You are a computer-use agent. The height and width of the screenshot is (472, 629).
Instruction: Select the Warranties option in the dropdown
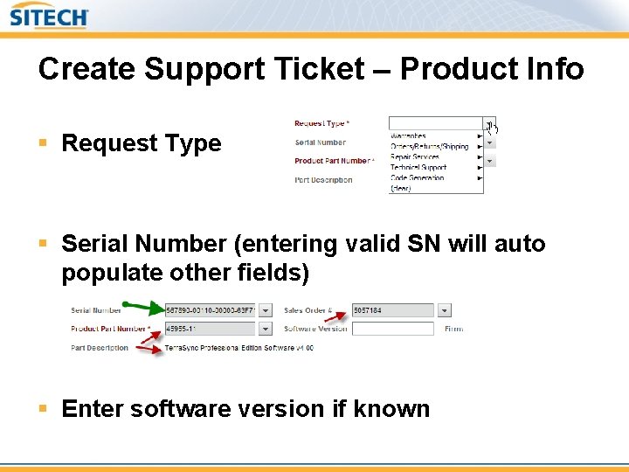point(408,136)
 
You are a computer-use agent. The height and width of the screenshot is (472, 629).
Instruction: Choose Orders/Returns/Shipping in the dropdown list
point(429,147)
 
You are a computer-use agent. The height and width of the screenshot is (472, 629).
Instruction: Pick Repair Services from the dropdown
point(415,157)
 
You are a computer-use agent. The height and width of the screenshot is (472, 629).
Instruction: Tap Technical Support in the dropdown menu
point(418,168)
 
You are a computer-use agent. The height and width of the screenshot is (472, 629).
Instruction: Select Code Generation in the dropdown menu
point(417,178)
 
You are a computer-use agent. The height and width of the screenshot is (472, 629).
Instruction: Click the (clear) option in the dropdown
point(400,188)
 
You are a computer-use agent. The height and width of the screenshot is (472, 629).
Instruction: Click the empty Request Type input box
point(435,123)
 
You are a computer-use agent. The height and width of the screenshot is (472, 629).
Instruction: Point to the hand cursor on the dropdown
point(493,128)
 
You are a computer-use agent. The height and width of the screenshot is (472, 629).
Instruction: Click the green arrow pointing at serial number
point(144,307)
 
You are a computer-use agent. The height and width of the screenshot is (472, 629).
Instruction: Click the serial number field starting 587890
point(210,310)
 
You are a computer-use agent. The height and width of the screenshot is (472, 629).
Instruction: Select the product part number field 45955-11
point(210,329)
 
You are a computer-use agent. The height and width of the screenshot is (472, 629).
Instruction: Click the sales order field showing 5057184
point(392,310)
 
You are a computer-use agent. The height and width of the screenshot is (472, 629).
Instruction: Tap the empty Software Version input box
point(392,329)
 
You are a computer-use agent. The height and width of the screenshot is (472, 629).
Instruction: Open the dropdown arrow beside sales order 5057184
point(445,310)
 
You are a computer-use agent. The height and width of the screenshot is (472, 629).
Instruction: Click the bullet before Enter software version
point(43,409)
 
